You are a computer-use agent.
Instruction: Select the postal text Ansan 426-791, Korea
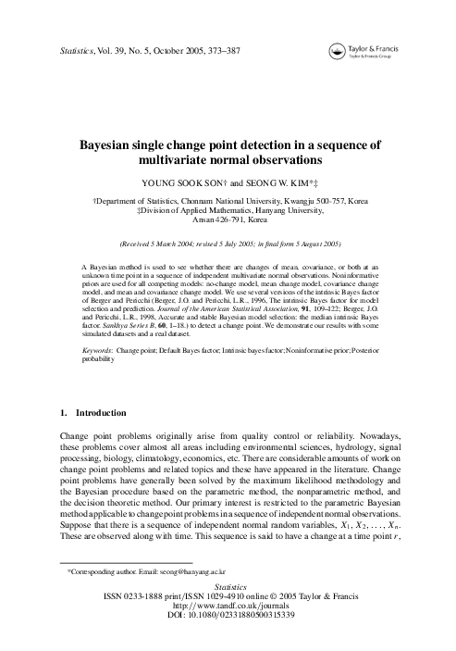228,221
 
